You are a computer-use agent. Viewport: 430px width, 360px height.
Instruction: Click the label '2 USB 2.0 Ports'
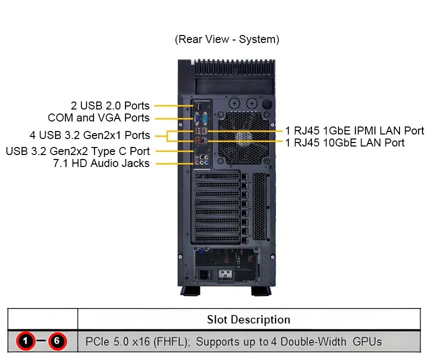[110, 105]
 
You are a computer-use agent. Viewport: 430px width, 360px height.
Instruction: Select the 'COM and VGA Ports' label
[98, 118]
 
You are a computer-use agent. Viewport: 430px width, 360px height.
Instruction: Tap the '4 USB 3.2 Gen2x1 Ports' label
[89, 135]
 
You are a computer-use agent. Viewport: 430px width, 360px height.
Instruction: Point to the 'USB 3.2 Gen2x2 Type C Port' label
[77, 151]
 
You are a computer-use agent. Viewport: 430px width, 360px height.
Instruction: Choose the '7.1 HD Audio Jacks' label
[101, 163]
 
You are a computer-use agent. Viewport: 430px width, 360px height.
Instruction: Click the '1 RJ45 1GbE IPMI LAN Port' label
[354, 131]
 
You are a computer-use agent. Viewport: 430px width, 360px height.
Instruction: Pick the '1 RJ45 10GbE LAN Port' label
[345, 143]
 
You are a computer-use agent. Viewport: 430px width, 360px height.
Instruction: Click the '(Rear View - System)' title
[226, 39]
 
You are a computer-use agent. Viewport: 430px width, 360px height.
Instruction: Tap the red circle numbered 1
[26, 342]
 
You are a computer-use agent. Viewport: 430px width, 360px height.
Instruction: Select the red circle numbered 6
[57, 342]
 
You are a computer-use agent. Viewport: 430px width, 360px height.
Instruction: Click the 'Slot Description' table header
[248, 319]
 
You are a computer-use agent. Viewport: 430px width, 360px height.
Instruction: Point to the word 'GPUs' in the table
[367, 342]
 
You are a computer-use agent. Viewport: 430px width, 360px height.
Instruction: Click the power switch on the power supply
[204, 274]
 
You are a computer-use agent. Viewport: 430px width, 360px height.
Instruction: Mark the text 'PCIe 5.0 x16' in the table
[113, 342]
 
